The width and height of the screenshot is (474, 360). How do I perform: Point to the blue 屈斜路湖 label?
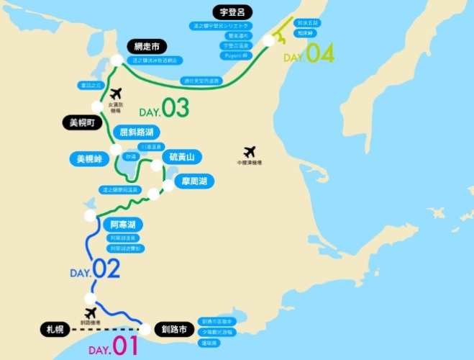click(137, 132)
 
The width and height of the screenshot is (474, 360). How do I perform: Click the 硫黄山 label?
click(182, 157)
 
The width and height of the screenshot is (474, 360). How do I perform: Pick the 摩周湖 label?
click(195, 181)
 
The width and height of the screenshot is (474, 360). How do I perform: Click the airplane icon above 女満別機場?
click(116, 93)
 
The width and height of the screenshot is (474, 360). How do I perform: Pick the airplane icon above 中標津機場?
click(249, 151)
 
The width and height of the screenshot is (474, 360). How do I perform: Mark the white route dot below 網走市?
click(117, 60)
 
